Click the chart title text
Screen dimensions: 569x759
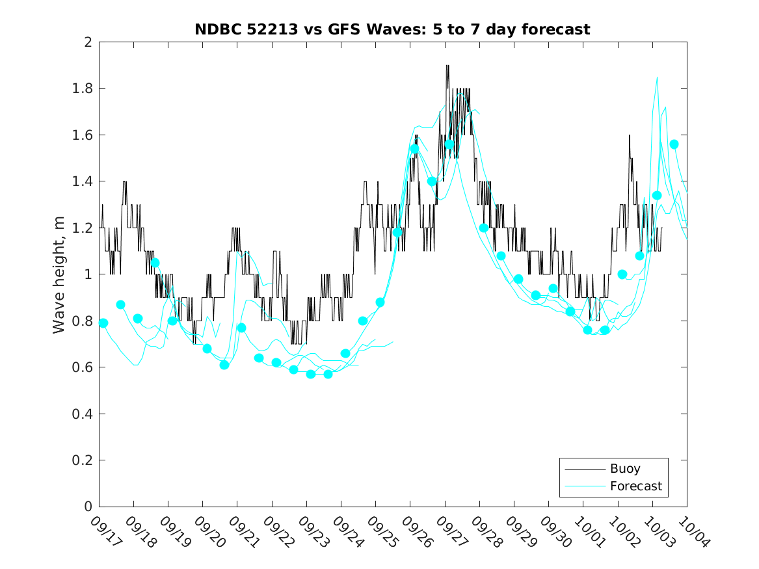click(x=392, y=29)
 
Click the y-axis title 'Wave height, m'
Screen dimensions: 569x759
click(x=59, y=274)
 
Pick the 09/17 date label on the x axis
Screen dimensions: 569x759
click(x=103, y=532)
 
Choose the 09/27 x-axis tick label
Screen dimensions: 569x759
click(x=449, y=532)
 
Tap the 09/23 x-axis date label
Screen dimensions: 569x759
click(x=311, y=532)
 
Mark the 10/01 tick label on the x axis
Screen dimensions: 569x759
click(x=588, y=532)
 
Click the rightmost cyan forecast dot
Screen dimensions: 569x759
click(x=674, y=144)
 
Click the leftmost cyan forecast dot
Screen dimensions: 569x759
click(x=103, y=323)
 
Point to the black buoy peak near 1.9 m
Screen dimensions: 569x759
click(x=447, y=66)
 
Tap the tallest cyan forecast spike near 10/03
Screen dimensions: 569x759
click(x=658, y=77)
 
